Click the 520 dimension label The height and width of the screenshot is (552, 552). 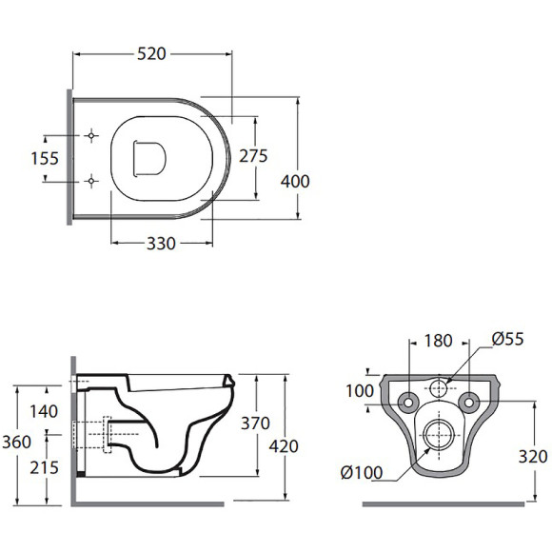(x=151, y=54)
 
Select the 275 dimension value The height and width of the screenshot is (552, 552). (x=253, y=156)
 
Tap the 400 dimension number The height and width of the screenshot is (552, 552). (x=295, y=181)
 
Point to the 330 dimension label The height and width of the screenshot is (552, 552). (x=161, y=244)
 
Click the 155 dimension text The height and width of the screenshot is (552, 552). (x=45, y=158)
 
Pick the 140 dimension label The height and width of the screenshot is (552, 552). (x=44, y=411)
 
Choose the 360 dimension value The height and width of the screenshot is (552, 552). (x=16, y=442)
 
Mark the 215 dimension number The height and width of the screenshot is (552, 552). (x=44, y=468)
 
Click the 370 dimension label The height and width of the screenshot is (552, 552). (x=255, y=424)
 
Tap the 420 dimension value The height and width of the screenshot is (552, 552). (x=284, y=446)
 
